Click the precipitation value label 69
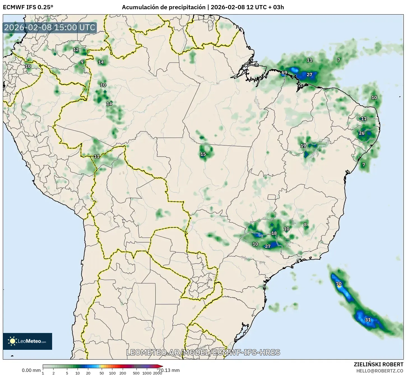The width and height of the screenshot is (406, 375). pos(284,73)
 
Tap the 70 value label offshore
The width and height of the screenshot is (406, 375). pos(339,284)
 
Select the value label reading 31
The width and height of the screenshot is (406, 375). pos(368,320)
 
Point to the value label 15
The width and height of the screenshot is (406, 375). pos(203,154)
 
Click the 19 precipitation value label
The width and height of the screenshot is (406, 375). pos(303,146)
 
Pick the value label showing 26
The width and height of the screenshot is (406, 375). pos(362,133)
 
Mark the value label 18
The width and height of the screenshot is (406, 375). pos(274,233)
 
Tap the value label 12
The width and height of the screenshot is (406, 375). pos(76,50)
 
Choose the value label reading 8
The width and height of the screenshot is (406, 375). pos(305,224)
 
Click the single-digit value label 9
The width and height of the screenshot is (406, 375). pos(82,62)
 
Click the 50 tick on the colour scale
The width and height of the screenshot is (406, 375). pos(102,373)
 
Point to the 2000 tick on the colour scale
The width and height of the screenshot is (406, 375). pos(158,373)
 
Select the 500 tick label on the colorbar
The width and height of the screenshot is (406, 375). pos(136,373)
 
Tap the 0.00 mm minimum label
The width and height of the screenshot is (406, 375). pos(31,370)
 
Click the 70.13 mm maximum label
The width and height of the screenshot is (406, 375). pos(169,370)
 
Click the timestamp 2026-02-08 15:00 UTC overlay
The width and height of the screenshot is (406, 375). pos(50,27)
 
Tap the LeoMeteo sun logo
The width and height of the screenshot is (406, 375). pos(13,341)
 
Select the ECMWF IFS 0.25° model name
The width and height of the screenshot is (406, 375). pos(28,7)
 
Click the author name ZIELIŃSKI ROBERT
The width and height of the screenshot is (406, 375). pos(379,364)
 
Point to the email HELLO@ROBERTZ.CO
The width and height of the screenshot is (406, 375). pos(380,371)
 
